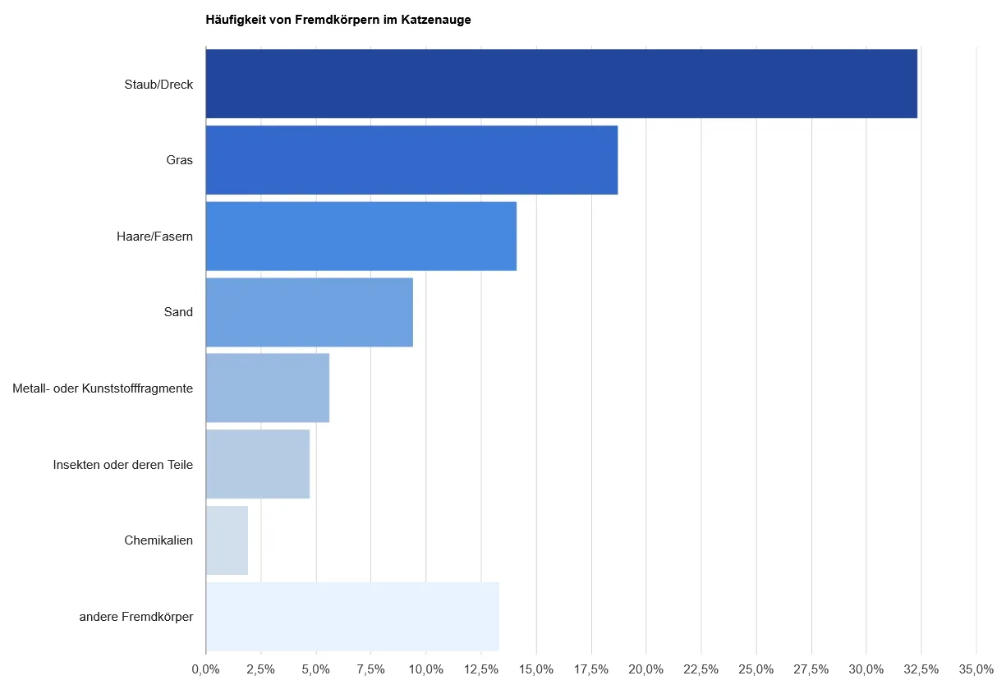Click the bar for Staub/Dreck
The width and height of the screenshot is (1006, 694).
(561, 84)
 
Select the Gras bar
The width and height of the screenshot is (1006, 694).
(411, 160)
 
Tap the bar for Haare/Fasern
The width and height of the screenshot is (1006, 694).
(361, 237)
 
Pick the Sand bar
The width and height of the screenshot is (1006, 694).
(309, 312)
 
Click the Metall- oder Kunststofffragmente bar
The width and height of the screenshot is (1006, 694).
(267, 388)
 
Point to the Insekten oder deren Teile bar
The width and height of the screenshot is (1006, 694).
(257, 464)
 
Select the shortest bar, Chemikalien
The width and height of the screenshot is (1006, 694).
(227, 540)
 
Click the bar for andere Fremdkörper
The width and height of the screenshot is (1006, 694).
(352, 616)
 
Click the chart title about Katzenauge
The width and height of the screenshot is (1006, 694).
(338, 20)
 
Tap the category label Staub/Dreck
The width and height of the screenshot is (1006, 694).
(158, 84)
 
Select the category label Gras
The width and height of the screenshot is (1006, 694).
(179, 160)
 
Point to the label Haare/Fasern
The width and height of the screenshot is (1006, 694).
(154, 237)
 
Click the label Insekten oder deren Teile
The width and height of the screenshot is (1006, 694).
(122, 465)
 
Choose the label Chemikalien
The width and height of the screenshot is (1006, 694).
(158, 540)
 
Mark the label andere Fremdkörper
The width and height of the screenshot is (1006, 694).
(136, 617)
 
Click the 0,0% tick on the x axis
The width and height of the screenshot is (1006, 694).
(205, 669)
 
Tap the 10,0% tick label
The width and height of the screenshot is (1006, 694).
(425, 669)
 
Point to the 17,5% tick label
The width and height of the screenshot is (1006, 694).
(590, 669)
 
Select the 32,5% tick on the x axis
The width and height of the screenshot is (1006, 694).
(921, 669)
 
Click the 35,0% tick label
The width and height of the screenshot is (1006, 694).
(976, 669)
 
